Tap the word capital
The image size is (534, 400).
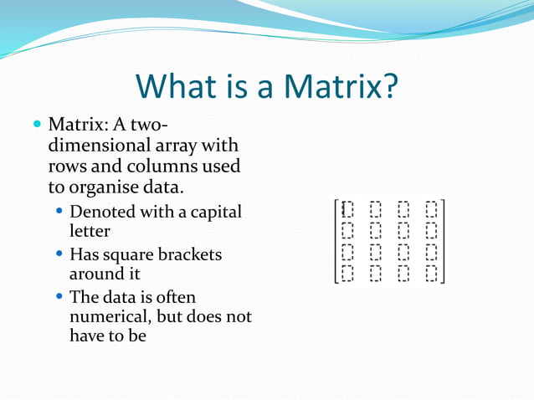point(216,212)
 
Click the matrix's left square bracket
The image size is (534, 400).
point(336,241)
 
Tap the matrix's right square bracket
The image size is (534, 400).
point(443,241)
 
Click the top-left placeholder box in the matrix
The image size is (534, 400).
point(348,208)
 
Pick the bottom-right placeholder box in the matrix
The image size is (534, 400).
point(431,272)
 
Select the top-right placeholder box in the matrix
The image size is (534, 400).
point(431,208)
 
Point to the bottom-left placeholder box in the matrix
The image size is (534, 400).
point(348,272)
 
